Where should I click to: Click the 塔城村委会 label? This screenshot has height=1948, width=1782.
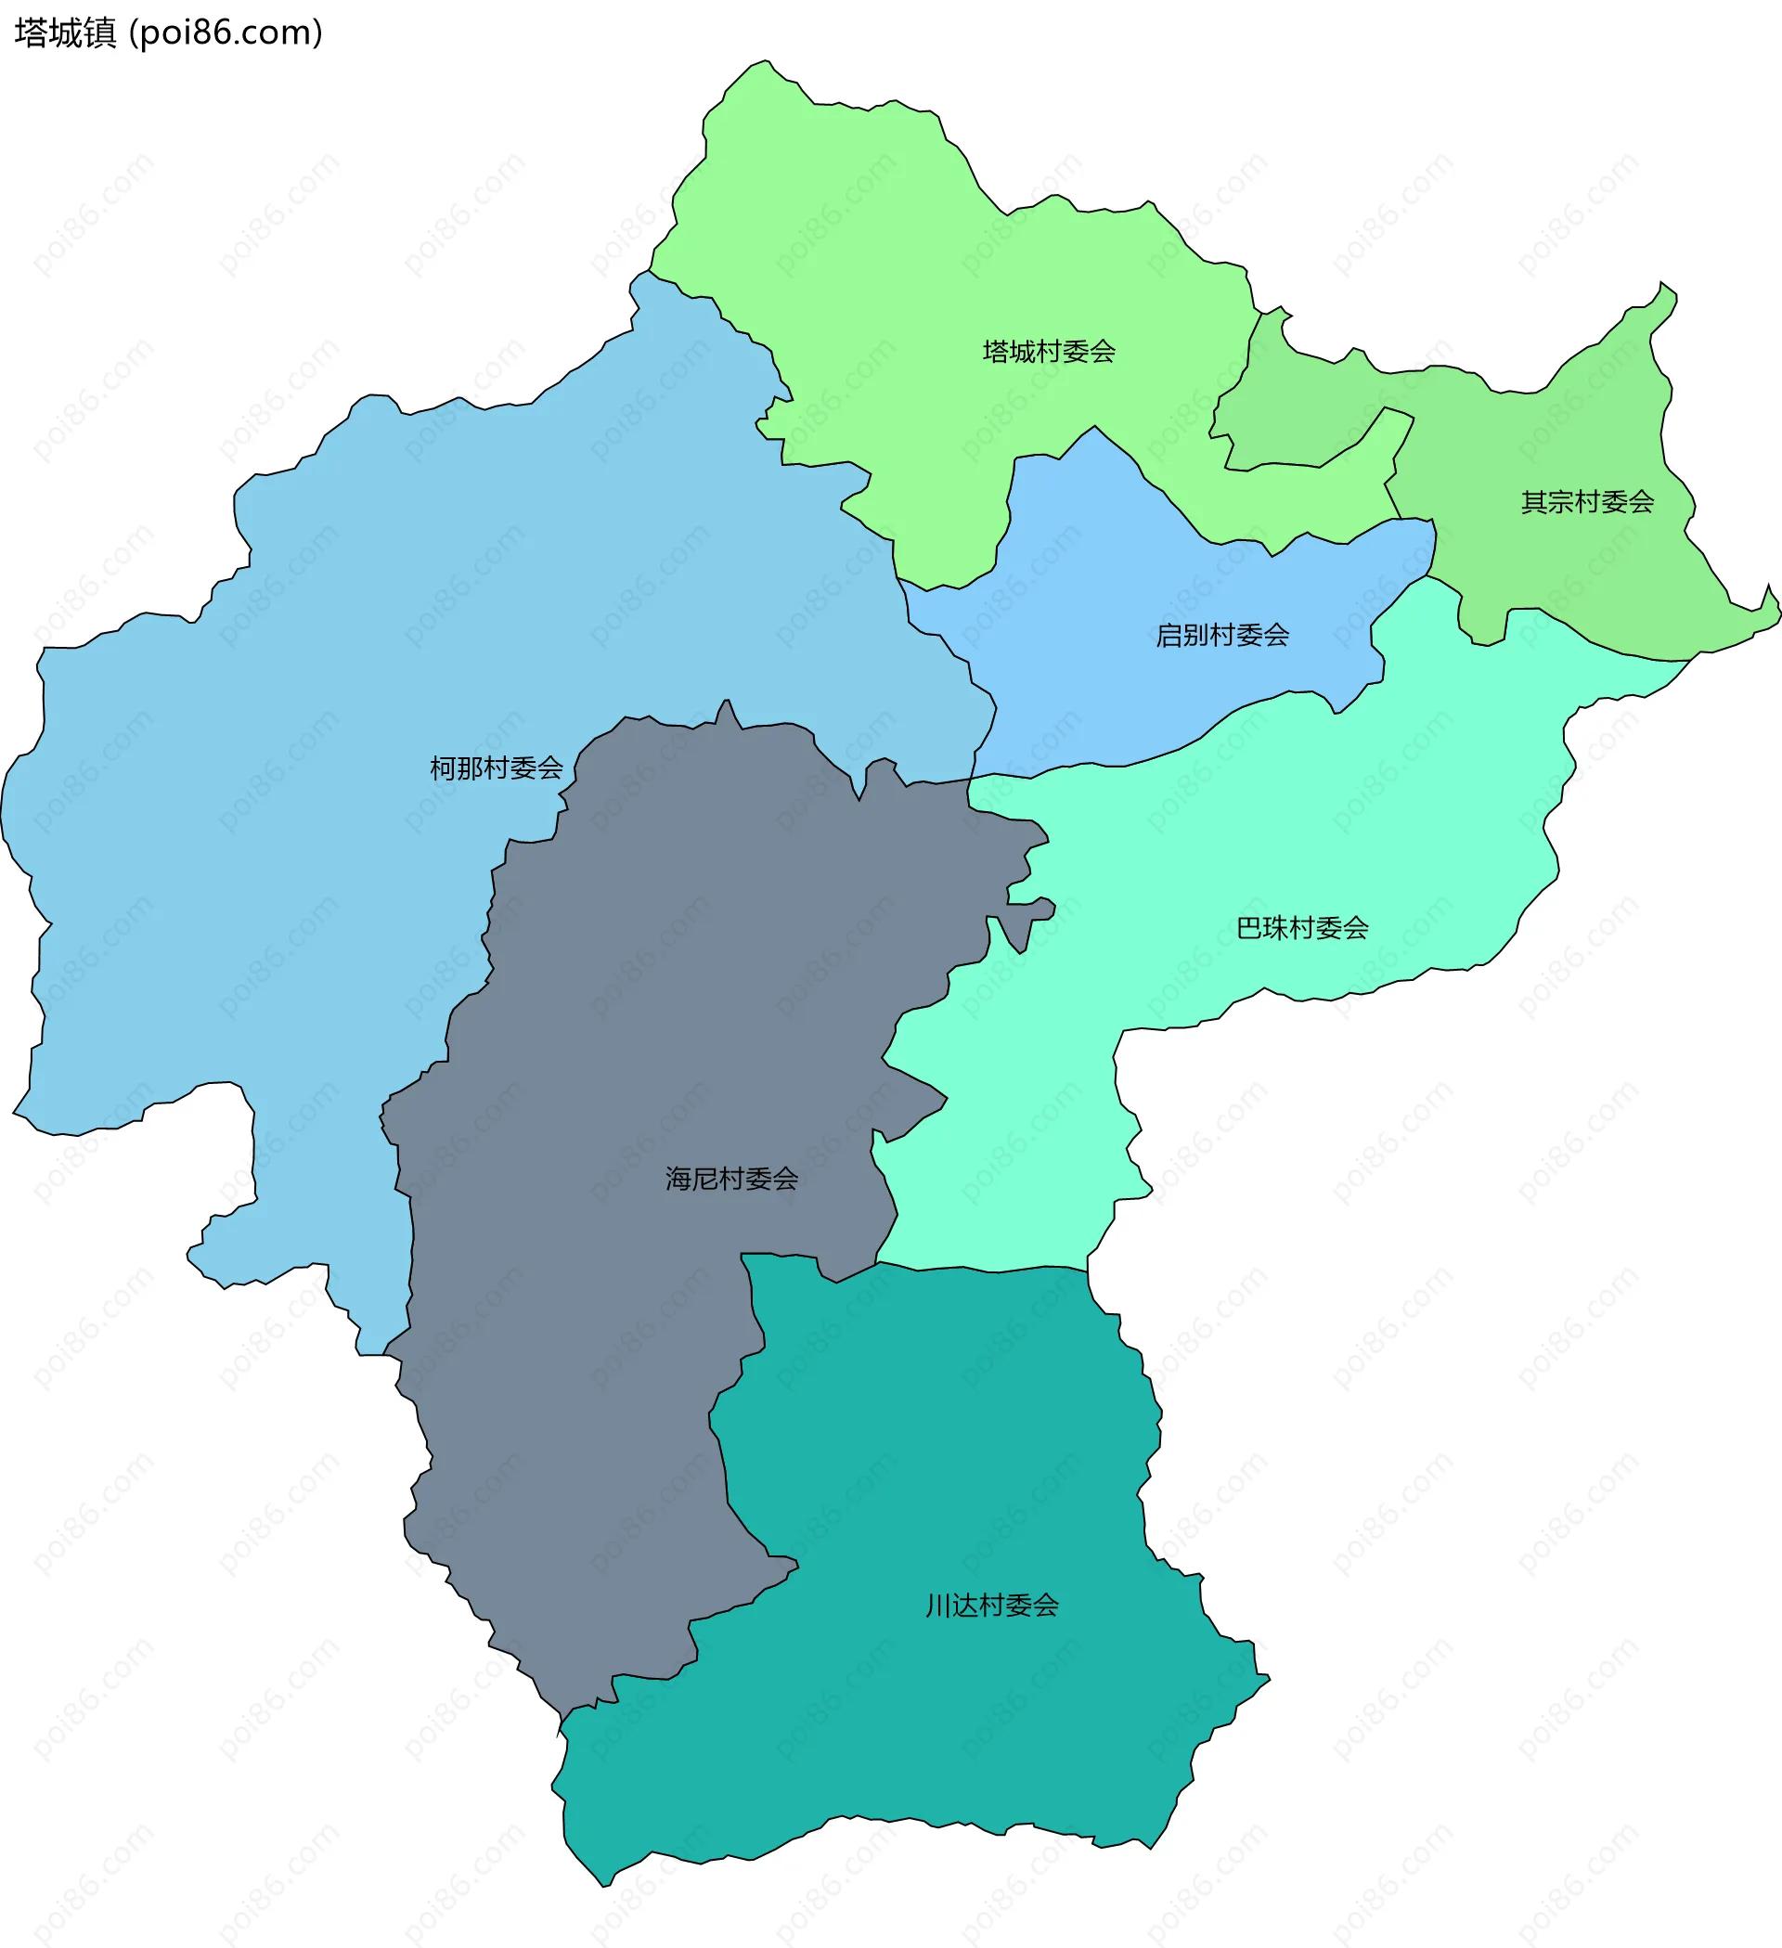[x=1049, y=352]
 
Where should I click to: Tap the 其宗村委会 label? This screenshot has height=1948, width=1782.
[x=1587, y=502]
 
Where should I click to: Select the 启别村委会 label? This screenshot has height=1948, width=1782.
[x=1222, y=636]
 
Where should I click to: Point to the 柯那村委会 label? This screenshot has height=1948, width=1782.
[x=496, y=768]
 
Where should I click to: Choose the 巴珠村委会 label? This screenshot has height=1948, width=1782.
[x=1302, y=929]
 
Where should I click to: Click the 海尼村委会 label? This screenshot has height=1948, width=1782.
[x=731, y=1179]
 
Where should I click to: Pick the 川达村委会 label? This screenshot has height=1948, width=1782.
[x=991, y=1606]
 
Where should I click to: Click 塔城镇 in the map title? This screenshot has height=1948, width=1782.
[x=66, y=32]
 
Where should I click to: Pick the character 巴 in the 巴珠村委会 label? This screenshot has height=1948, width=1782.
[x=1249, y=929]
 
